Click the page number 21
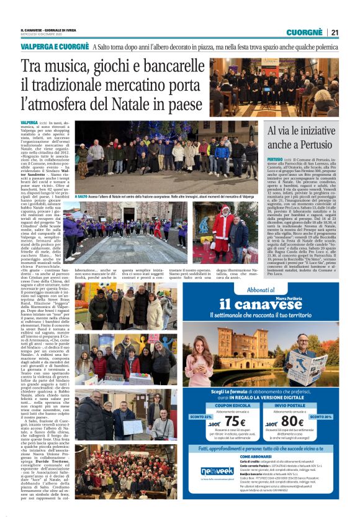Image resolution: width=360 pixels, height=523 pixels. click(335, 32)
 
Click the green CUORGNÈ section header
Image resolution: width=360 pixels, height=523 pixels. click(304, 32)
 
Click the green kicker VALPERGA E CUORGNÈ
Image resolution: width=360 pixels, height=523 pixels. click(55, 47)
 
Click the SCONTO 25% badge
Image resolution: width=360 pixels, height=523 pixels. click(200, 417)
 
